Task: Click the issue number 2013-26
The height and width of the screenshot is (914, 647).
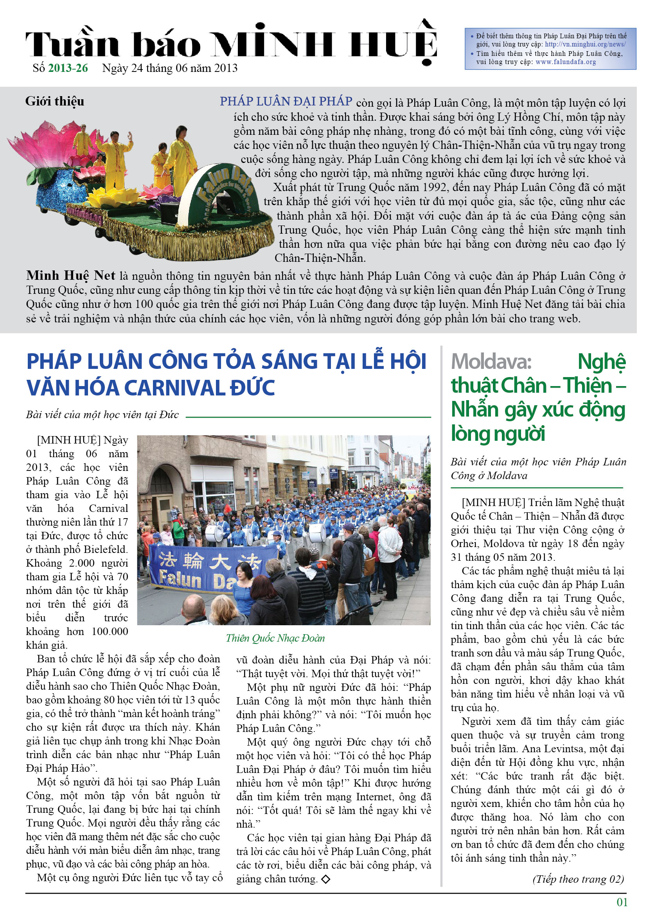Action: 68,68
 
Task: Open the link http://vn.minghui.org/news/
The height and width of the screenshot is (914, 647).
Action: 585,45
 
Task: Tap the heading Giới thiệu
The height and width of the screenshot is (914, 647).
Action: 55,101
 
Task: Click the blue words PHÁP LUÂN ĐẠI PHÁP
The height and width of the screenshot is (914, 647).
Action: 286,102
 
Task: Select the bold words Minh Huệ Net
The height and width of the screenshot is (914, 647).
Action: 70,275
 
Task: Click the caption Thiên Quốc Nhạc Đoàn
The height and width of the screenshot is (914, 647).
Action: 275,638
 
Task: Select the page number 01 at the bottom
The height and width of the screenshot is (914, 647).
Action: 622,901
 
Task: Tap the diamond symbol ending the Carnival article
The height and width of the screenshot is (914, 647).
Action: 325,879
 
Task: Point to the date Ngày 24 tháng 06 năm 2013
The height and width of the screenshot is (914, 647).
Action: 170,68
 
